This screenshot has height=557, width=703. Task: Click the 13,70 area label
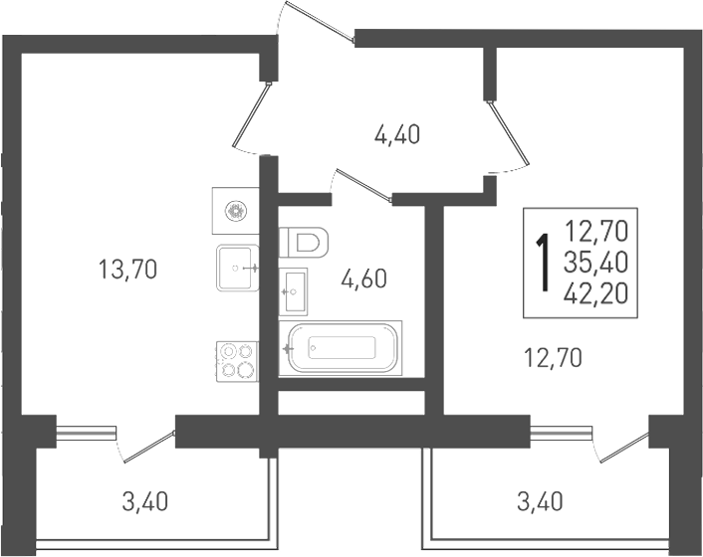pyautogui.click(x=127, y=270)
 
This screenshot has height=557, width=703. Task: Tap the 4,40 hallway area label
pyautogui.click(x=397, y=134)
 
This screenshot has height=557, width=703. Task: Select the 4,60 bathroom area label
pyautogui.click(x=363, y=279)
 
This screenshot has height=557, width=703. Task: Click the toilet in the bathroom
pyautogui.click(x=304, y=243)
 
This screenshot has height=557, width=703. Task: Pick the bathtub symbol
pyautogui.click(x=341, y=348)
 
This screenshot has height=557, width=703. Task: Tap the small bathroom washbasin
pyautogui.click(x=293, y=291)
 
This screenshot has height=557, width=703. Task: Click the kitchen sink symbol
pyautogui.click(x=238, y=268)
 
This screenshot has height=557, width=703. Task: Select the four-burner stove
pyautogui.click(x=237, y=362)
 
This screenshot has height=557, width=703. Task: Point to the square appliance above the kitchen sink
pyautogui.click(x=236, y=211)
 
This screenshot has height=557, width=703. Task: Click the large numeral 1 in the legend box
pyautogui.click(x=545, y=263)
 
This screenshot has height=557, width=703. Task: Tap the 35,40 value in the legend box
pyautogui.click(x=596, y=263)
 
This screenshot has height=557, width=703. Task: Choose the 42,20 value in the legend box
pyautogui.click(x=596, y=293)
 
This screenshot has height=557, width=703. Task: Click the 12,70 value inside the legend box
pyautogui.click(x=596, y=231)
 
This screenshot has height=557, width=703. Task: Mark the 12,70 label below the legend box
pyautogui.click(x=554, y=358)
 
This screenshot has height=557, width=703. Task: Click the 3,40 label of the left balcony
pyautogui.click(x=144, y=501)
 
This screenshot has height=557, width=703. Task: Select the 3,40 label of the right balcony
pyautogui.click(x=540, y=501)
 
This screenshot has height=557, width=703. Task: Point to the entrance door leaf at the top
pyautogui.click(x=321, y=21)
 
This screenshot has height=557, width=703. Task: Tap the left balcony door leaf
pyautogui.click(x=148, y=447)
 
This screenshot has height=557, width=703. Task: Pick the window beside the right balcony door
pyautogui.click(x=562, y=432)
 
